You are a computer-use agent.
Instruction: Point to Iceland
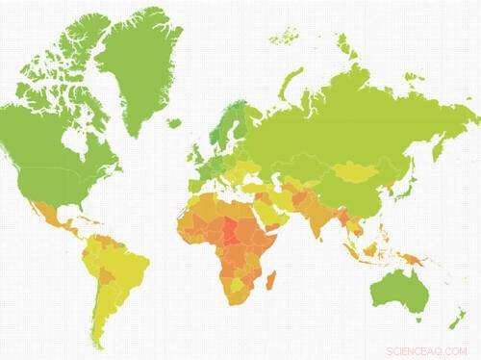pyautogui.click(x=173, y=123)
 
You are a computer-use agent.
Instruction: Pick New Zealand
pyautogui.click(x=461, y=319)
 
